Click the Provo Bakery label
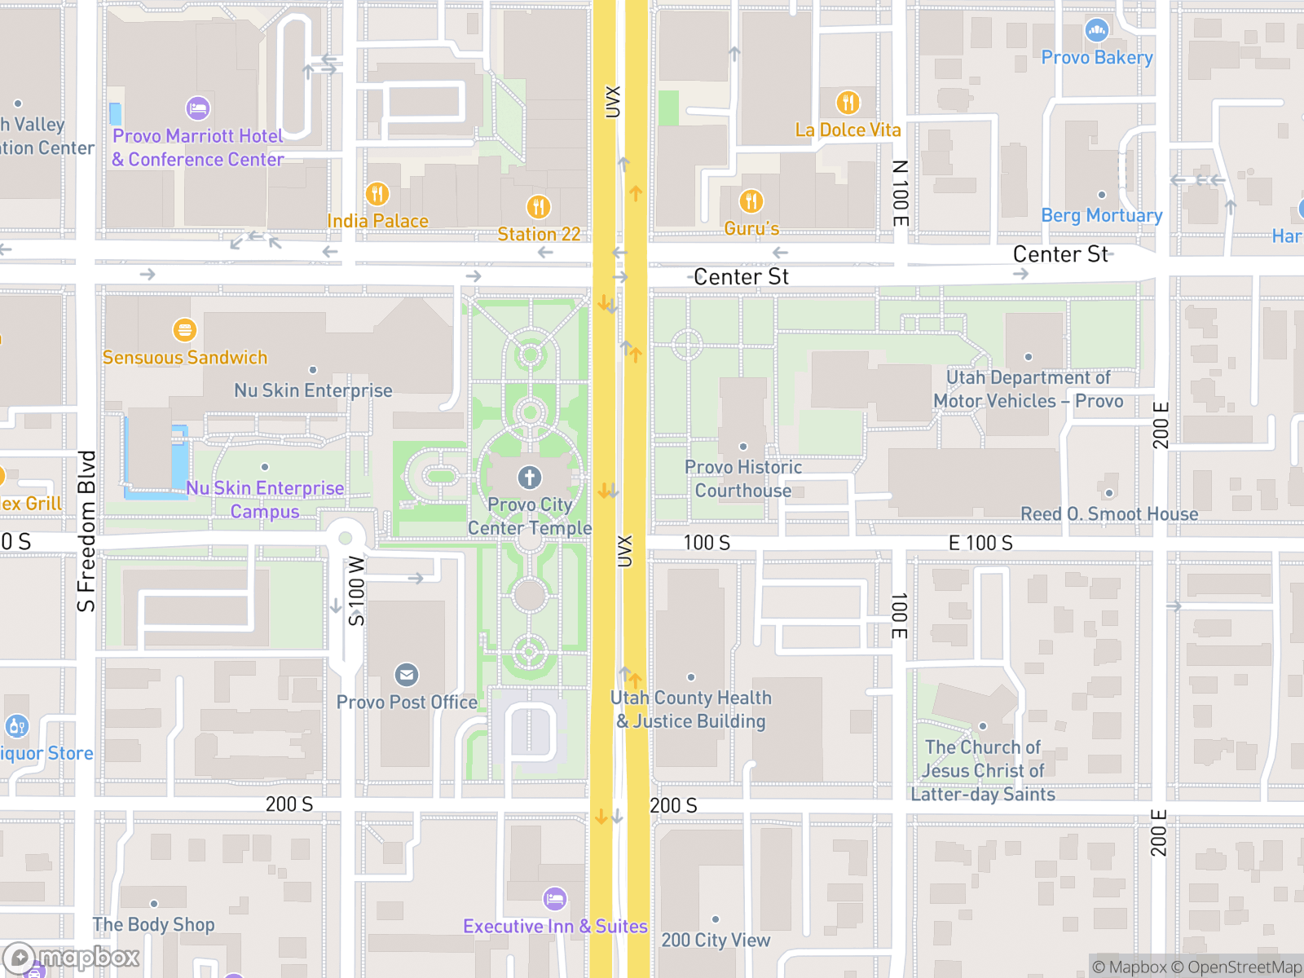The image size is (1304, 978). (x=1097, y=58)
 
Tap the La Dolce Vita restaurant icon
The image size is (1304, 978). (x=848, y=103)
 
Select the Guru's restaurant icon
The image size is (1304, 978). (x=751, y=201)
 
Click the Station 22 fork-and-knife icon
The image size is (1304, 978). (x=539, y=207)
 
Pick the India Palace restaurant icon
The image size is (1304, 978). (x=377, y=194)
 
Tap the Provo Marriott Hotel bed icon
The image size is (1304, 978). (x=198, y=108)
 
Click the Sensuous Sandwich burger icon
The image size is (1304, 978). (x=185, y=330)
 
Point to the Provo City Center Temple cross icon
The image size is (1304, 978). (x=530, y=478)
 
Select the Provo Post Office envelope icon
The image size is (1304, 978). (x=407, y=675)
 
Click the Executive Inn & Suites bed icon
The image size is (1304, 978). (x=555, y=899)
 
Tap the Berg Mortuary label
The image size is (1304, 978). (x=1102, y=216)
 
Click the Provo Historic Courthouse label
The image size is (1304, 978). (x=742, y=479)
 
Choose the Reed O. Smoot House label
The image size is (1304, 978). (x=1109, y=514)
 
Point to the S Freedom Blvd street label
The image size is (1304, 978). (x=86, y=531)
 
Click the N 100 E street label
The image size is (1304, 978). (x=900, y=193)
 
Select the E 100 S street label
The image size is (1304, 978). (x=980, y=544)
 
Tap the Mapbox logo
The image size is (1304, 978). (x=72, y=957)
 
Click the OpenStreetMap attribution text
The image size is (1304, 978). (x=1245, y=967)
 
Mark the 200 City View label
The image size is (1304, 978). (x=716, y=941)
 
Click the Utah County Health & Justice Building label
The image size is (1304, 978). (x=691, y=710)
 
